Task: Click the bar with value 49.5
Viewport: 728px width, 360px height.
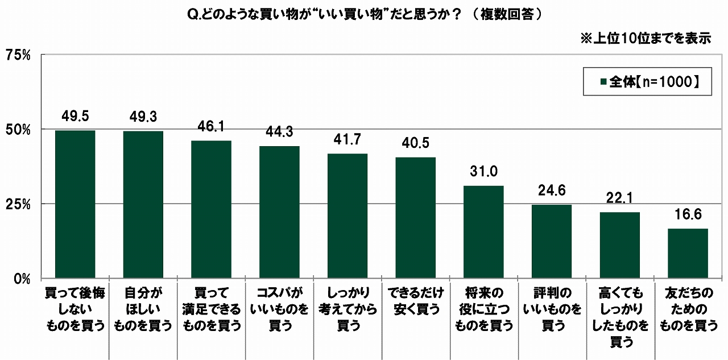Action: click(x=75, y=204)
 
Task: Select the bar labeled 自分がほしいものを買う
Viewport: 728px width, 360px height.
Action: click(x=143, y=205)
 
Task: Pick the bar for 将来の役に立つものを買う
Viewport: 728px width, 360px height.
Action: click(x=483, y=232)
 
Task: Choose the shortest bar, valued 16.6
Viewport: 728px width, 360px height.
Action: click(x=688, y=253)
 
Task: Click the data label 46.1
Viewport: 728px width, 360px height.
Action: click(x=211, y=127)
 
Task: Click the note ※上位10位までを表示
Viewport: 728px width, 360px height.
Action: click(x=646, y=39)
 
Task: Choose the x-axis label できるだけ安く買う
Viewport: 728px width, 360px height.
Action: click(x=416, y=301)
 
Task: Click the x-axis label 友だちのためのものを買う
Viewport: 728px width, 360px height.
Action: click(x=688, y=309)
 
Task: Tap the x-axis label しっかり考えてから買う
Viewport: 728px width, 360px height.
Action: click(x=348, y=309)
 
